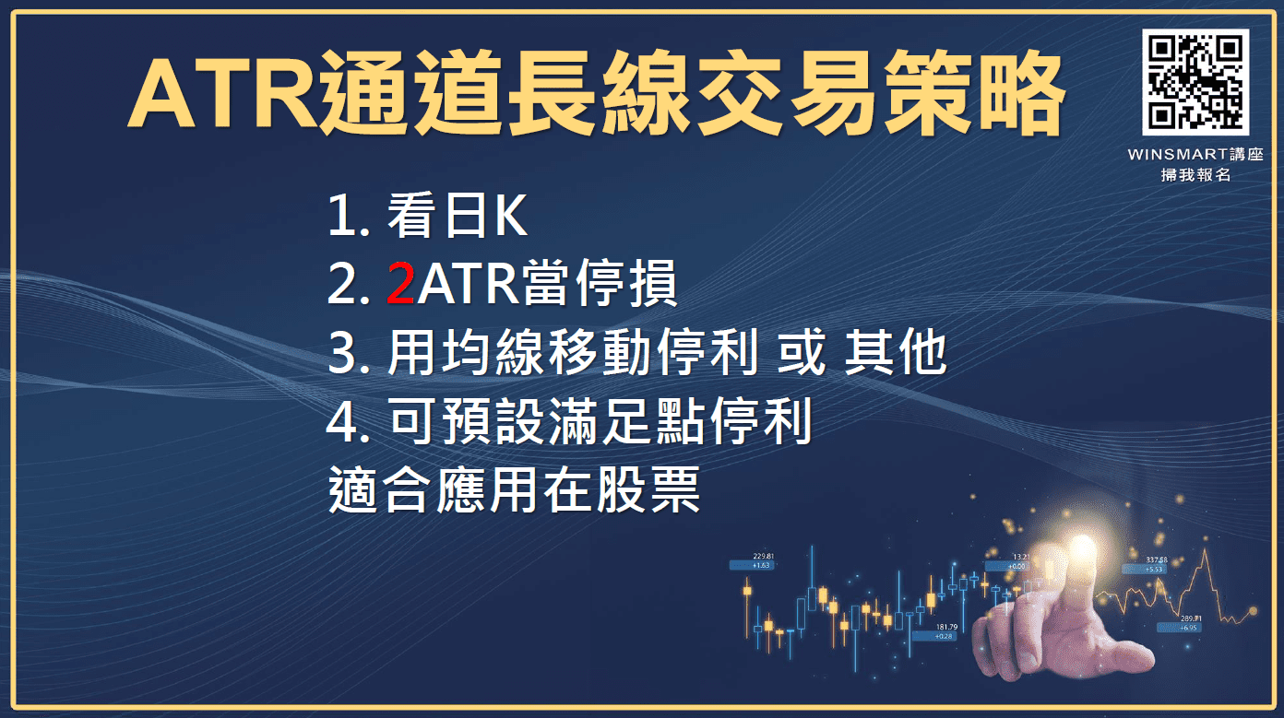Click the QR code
click(x=1195, y=81)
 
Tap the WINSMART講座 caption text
click(x=1195, y=155)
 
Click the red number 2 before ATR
click(x=399, y=285)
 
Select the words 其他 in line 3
click(x=896, y=354)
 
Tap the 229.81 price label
click(x=762, y=557)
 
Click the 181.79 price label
click(x=945, y=627)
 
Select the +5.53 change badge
click(x=1156, y=570)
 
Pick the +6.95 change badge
click(x=1189, y=628)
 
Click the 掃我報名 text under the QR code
click(x=1195, y=174)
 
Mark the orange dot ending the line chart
click(x=1253, y=610)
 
